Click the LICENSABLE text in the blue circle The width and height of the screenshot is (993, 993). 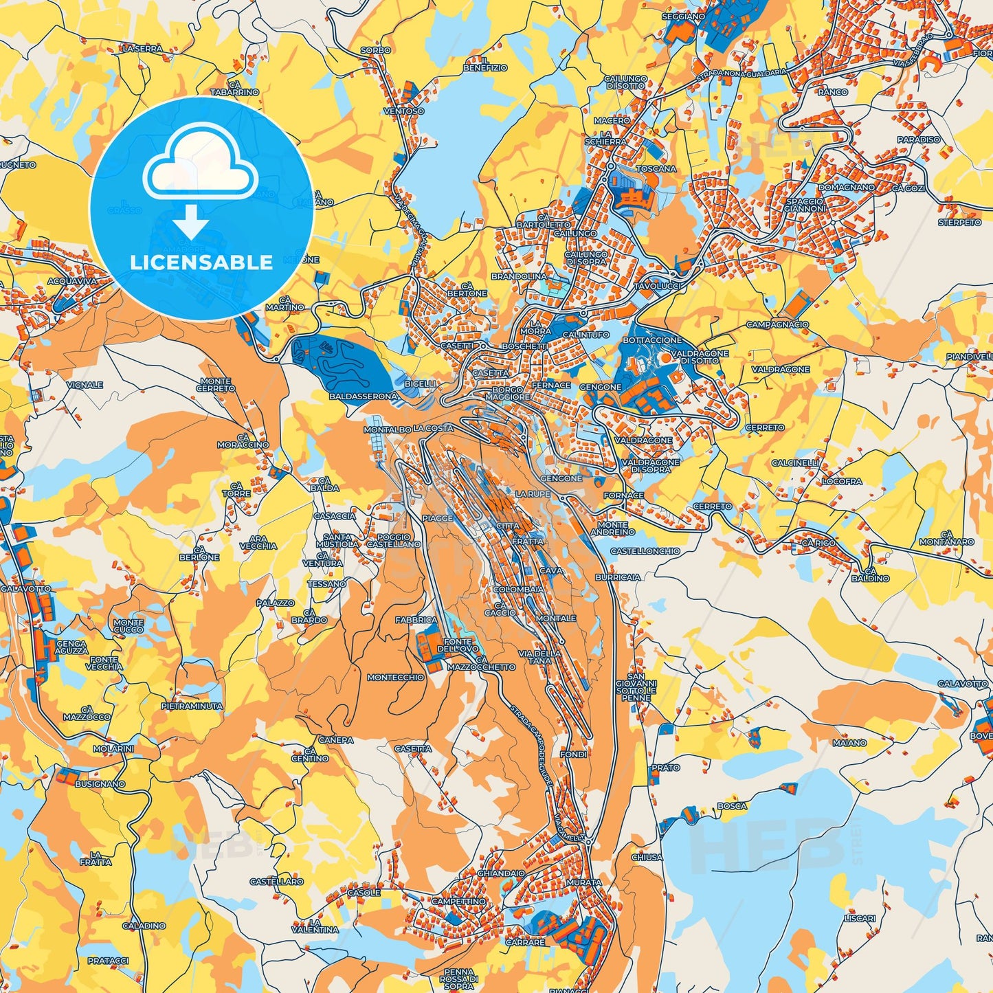201,263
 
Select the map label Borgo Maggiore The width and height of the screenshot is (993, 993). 507,393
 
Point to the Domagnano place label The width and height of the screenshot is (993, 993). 846,187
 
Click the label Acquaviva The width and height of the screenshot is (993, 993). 72,281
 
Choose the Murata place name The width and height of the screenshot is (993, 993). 583,882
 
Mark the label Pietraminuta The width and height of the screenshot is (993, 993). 192,706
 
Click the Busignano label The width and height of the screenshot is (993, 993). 100,783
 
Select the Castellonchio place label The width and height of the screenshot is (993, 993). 645,551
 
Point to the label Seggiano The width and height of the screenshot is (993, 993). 683,16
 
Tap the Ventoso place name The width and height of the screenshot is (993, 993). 403,111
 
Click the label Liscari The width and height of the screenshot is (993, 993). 860,918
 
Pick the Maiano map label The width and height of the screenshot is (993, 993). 849,743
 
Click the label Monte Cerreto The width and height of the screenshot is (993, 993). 216,385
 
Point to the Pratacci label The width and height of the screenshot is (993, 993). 108,961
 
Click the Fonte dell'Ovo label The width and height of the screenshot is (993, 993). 457,646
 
